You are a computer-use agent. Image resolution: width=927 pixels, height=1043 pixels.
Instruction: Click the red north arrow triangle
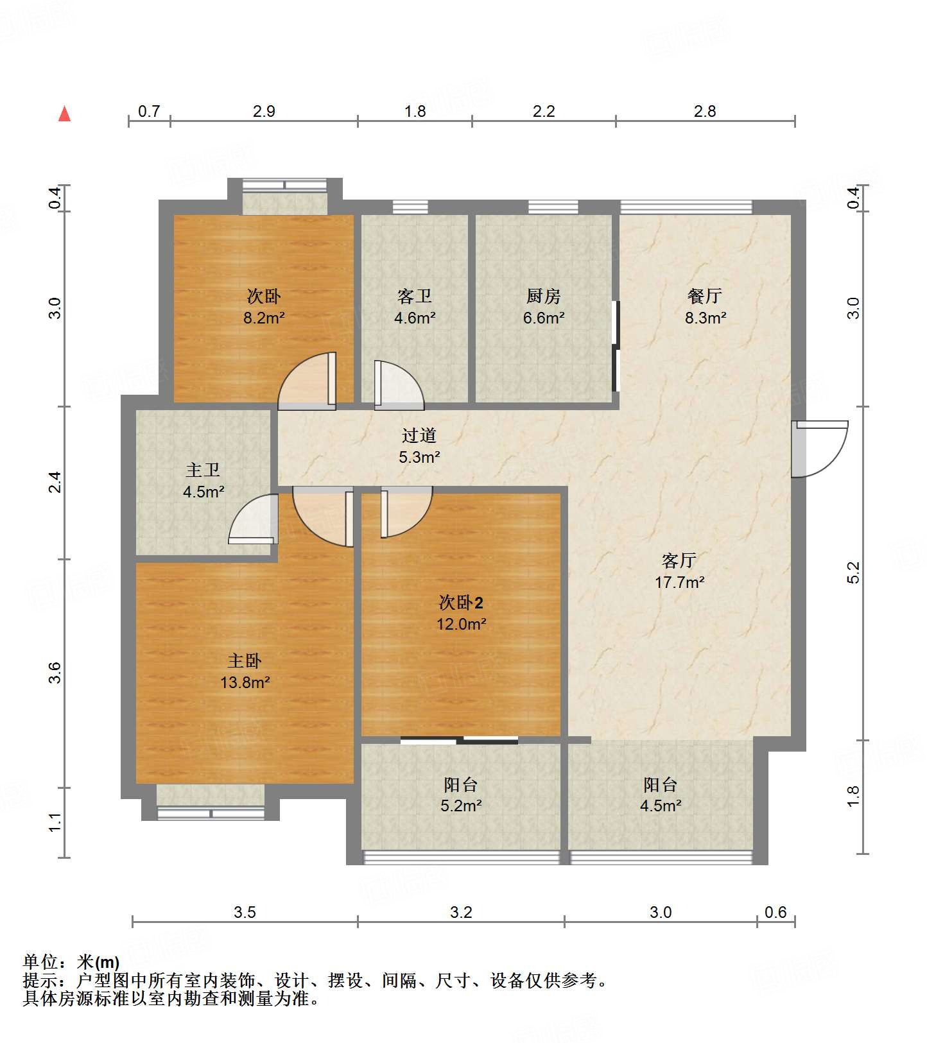point(64,114)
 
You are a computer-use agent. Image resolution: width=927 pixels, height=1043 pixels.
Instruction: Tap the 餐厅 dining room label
point(705,296)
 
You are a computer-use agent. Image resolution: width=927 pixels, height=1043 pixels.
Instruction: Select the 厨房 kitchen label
point(544,296)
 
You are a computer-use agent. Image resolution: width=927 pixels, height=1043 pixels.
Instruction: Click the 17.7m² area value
point(679,582)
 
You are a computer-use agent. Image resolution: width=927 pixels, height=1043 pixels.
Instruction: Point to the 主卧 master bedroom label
point(245,660)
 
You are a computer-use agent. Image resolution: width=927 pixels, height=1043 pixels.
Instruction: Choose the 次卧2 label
point(461,602)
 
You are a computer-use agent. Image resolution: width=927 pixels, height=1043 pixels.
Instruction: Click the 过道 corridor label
point(419,435)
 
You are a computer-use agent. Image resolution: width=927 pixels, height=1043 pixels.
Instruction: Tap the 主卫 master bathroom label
point(203,470)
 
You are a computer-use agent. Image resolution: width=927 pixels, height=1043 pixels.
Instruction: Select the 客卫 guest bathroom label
point(415,296)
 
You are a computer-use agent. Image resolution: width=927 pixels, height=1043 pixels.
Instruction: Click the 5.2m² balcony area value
point(461,805)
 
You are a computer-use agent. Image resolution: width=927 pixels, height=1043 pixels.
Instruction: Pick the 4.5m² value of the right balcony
point(661,805)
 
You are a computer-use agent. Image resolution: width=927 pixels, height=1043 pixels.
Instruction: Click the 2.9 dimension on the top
point(264,111)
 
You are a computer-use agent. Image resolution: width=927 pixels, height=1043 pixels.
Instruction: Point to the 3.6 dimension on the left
point(55,673)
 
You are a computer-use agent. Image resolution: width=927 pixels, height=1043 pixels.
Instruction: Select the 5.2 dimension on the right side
point(853,573)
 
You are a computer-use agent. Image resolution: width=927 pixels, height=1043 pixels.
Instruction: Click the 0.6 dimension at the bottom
point(775,912)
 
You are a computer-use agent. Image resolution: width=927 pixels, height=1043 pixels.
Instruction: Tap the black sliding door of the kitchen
point(616,346)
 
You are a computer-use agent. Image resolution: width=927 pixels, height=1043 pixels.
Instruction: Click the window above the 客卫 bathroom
point(410,207)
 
